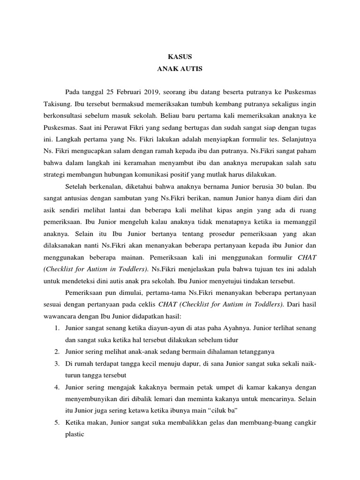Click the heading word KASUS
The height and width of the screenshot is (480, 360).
click(x=180, y=56)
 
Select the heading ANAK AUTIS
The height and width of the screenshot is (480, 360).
click(x=180, y=68)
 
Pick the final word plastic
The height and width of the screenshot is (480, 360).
click(x=75, y=435)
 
